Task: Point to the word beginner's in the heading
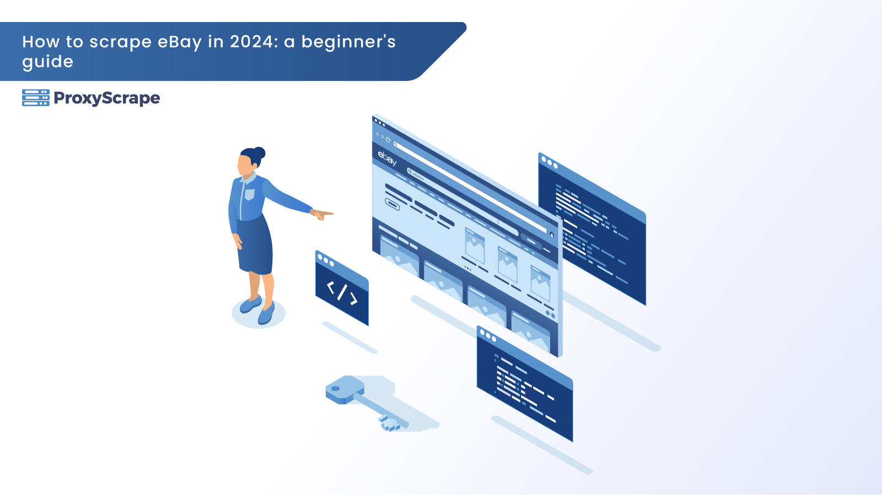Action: coord(348,42)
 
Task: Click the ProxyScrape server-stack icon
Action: coord(36,98)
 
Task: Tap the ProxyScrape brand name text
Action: coord(107,99)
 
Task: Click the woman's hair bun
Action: coord(260,153)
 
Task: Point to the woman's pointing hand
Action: coord(322,214)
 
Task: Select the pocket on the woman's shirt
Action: coord(250,194)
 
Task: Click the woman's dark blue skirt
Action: coord(254,246)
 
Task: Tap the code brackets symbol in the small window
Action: coord(342,292)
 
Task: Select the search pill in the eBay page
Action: coord(416,175)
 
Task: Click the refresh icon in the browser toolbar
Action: coord(388,139)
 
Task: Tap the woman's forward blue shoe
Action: coord(266,314)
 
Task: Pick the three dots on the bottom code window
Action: coord(488,335)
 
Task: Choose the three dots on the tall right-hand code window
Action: coord(550,162)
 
